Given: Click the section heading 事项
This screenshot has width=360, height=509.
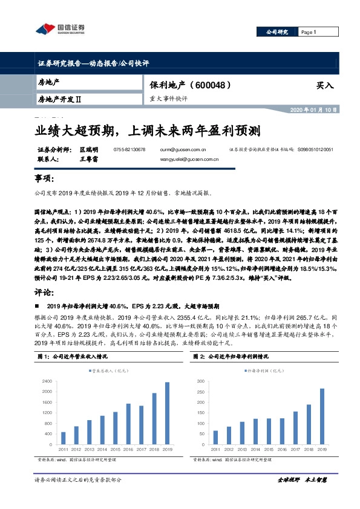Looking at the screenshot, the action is (x=45, y=179).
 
